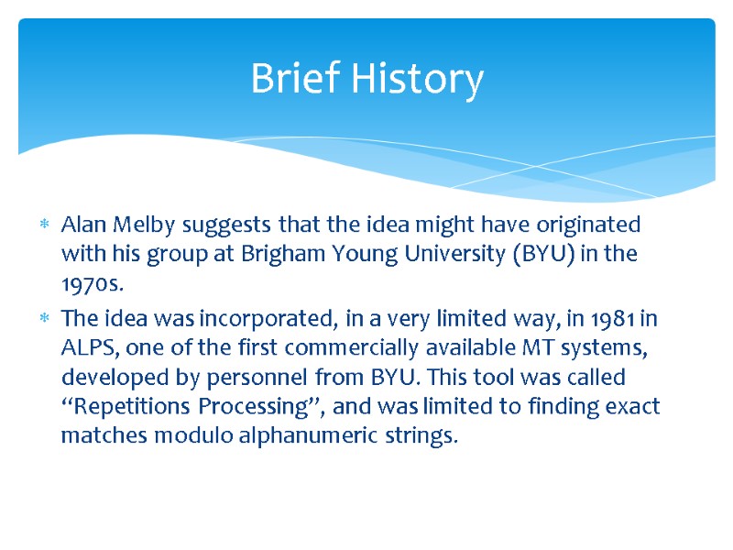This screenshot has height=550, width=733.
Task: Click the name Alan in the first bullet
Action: (80, 225)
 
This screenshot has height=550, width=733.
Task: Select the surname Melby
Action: (136, 225)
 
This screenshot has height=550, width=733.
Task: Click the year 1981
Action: (613, 320)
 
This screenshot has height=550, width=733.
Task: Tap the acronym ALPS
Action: (85, 348)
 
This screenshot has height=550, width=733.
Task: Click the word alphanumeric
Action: (293, 434)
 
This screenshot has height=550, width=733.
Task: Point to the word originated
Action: (586, 225)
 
